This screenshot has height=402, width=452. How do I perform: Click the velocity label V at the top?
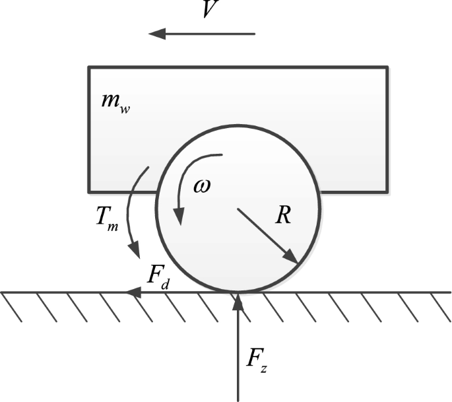point(210,9)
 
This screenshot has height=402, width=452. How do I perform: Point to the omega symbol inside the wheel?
point(202,186)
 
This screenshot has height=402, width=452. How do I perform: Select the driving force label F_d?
point(158,276)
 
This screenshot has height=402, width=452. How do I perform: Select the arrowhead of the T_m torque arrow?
point(138,253)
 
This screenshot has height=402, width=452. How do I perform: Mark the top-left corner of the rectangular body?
point(89,67)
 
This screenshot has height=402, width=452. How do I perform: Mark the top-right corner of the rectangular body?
point(387,67)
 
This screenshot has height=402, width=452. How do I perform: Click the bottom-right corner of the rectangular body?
point(387,191)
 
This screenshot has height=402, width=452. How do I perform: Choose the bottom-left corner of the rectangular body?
point(89,191)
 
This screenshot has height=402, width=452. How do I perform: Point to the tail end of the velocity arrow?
point(255,33)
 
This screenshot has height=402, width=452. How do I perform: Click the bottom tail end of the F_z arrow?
point(238,399)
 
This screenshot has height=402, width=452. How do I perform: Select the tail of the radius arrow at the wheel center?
point(238,210)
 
